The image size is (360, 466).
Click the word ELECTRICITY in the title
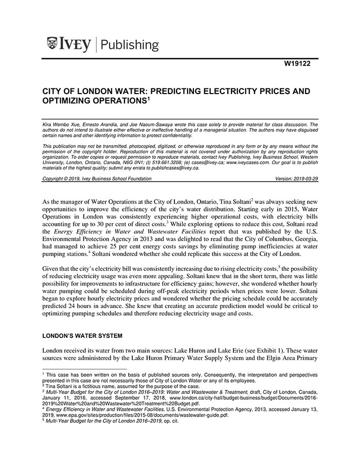[x=213, y=91]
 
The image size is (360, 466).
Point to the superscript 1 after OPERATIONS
[x=148, y=98]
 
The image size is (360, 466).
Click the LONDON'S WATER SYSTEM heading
[x=82, y=336]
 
